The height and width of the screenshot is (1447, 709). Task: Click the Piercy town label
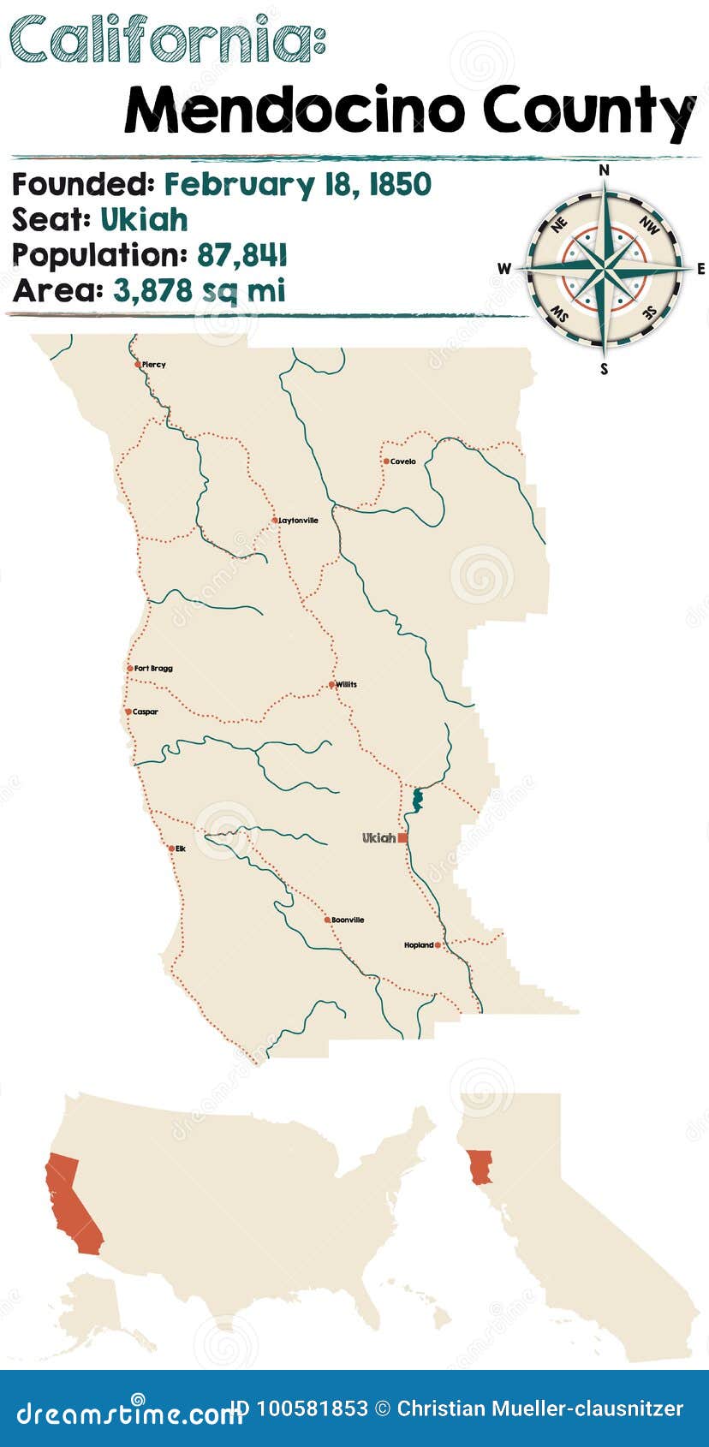pos(154,365)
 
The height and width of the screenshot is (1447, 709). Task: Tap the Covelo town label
pos(402,461)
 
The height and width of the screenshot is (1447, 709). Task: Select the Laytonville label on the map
pos(299,521)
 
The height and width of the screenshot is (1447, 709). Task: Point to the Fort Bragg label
pos(153,668)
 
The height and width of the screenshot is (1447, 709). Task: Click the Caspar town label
pos(146,712)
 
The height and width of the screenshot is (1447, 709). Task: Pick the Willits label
pos(346,684)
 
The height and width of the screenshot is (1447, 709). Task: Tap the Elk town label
pos(180,849)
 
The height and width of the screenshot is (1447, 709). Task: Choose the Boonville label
pos(348,920)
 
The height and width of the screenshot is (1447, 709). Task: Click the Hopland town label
pos(419,945)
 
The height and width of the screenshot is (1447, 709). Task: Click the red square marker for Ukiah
pos(402,837)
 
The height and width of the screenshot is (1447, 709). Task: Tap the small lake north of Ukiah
pos(418,800)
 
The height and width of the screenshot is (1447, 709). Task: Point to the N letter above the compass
pos(604,170)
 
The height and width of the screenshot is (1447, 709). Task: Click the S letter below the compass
pos(604,370)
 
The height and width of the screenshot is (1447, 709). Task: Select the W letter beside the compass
pos(503,269)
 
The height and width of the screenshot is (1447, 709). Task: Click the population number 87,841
pos(242,255)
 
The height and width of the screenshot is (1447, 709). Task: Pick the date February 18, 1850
pos(297,184)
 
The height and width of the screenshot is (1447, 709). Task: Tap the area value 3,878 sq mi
pos(199,291)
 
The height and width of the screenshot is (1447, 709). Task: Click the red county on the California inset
pos(482,1164)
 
